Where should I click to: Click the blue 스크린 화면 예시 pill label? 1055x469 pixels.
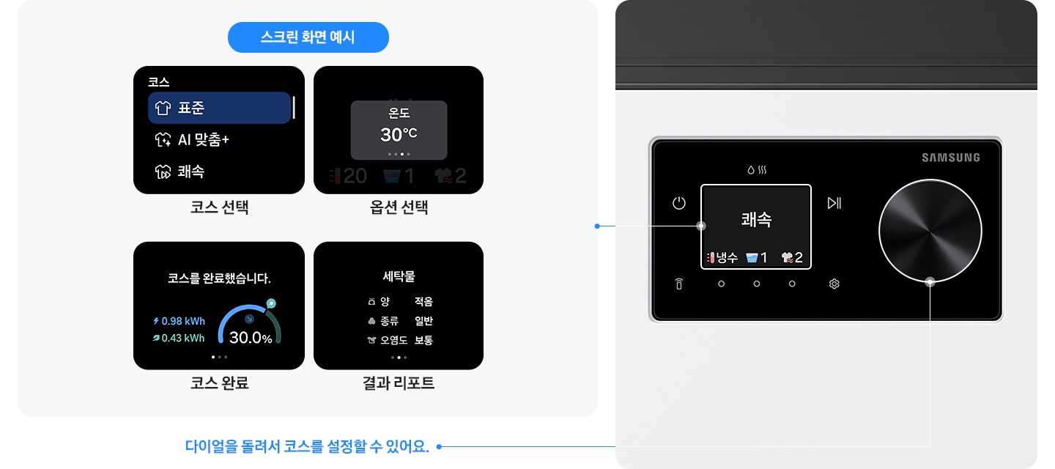[308, 37]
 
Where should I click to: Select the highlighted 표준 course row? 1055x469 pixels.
[219, 108]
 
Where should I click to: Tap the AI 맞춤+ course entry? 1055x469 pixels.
[203, 139]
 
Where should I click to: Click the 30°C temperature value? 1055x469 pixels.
[399, 135]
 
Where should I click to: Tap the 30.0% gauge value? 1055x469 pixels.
[251, 339]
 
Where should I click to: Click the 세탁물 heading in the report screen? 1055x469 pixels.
[399, 276]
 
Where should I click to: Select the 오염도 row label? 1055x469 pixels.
[393, 340]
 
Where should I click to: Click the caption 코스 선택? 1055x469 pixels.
[219, 208]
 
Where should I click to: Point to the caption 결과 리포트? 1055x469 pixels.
[399, 383]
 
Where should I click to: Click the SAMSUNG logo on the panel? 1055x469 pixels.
[950, 158]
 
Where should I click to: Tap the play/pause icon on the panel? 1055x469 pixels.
[834, 203]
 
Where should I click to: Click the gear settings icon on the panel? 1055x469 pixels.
[834, 284]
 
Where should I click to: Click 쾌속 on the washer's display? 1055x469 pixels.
[756, 219]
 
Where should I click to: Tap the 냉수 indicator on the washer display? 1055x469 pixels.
[722, 258]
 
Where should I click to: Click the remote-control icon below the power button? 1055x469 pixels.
[678, 284]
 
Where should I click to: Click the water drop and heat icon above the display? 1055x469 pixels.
[756, 170]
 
